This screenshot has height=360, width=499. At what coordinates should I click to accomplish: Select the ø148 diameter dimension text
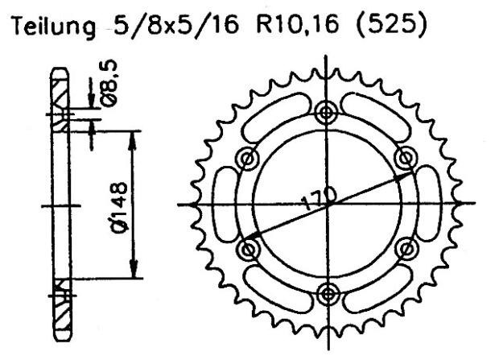click(112, 203)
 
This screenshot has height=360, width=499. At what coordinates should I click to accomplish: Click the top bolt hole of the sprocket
click(326, 113)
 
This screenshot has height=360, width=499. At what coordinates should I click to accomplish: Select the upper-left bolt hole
click(249, 158)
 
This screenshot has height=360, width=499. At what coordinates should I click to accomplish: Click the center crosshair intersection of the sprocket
click(326, 202)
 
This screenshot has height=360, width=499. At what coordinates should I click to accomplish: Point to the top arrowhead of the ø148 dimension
click(134, 134)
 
